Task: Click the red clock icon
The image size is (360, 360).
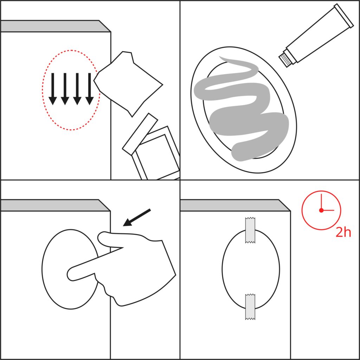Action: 321,210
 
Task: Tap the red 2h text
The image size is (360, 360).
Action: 343,233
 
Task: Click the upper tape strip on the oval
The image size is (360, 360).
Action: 250,230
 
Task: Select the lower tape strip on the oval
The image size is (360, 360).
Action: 250,307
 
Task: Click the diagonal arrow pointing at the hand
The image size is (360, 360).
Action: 137,217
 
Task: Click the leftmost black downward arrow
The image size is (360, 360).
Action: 53,89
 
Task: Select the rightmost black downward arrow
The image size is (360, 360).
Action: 89,89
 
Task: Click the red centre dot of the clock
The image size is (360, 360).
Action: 321,210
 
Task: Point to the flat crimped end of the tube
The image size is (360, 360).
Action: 344,15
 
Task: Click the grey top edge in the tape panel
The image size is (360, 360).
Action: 235,205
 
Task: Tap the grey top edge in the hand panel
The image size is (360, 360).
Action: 55,205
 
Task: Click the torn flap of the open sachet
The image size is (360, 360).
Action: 140,134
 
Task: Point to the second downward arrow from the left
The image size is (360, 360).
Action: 65,89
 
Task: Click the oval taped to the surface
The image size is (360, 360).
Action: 251,269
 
